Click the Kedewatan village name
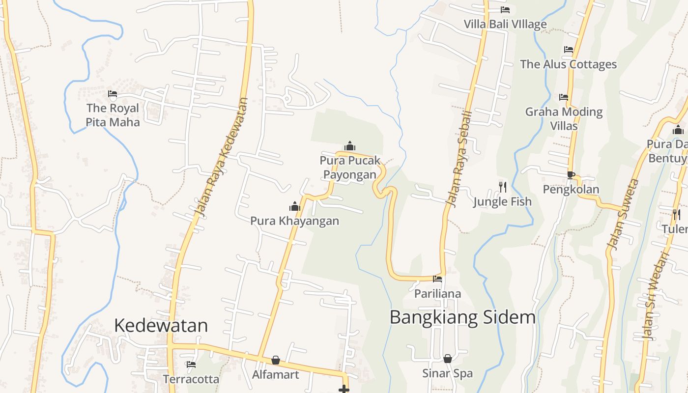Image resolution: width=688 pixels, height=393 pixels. coord(161,325)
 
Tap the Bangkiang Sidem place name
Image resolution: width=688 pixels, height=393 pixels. coord(462,317)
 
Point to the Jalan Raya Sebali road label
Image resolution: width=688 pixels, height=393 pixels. coord(459,157)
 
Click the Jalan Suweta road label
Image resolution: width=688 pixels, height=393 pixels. coord(623,214)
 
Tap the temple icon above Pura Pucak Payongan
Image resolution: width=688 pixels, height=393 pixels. coord(350,146)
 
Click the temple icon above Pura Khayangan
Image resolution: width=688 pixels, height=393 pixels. coord(295,206)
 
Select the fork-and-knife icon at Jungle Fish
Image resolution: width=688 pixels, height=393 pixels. coord(502,187)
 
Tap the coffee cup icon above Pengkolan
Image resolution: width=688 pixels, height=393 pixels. coord(571,175)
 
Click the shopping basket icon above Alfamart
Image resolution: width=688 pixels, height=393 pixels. coord(276,361)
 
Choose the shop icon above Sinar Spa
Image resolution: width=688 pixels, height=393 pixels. coord(448,359)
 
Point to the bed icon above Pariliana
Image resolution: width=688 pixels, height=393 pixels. coord(437,280)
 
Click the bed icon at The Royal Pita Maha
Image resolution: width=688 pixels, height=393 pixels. coord(113,94)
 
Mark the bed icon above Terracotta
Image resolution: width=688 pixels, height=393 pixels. coord(191,365)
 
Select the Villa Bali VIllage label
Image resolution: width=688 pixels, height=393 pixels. coord(505,24)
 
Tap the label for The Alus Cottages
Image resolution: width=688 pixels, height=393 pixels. coord(568,64)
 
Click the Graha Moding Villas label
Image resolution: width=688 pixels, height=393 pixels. coord(564,118)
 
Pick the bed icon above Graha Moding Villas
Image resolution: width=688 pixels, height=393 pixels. coord(564,97)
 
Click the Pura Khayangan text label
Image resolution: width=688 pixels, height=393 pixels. coord(294,221)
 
